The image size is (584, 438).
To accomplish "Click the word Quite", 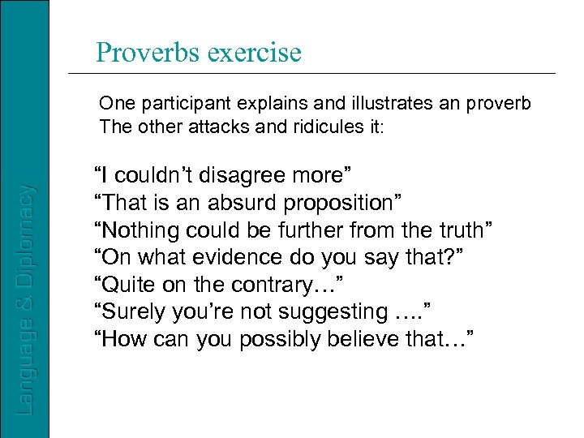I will (125, 286).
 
